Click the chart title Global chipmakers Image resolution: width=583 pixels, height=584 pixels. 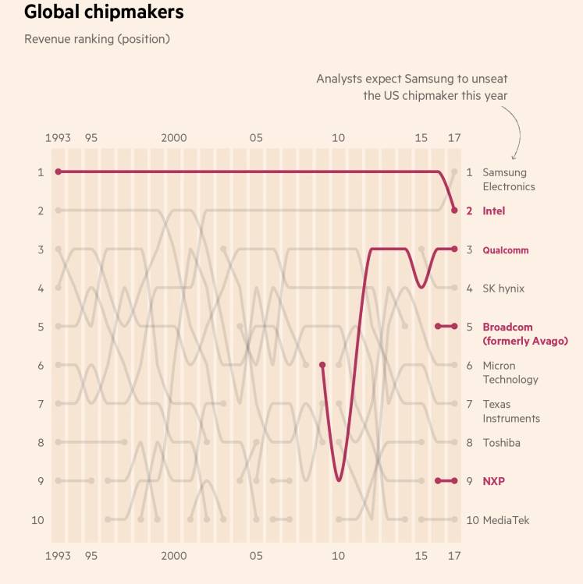pos(104,12)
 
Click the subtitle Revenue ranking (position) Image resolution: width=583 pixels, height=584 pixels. pos(97,39)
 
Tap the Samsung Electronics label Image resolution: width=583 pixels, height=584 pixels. pos(508,179)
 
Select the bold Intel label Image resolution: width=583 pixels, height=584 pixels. pos(493,211)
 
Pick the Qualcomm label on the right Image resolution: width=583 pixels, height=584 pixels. pos(505,250)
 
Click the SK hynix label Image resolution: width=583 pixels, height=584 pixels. pos(503,288)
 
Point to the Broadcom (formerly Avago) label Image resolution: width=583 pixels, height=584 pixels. pos(524,334)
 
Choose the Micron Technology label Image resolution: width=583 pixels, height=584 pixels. pos(510,373)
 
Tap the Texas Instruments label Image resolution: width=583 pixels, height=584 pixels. pos(510,411)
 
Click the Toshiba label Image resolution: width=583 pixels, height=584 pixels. pos(501,443)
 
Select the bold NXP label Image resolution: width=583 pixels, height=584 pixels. pos(493,481)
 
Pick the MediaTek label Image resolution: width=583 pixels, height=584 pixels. pos(506,520)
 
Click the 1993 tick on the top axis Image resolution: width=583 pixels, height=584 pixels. pos(58,138)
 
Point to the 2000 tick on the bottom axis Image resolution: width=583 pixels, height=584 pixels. pos(174,556)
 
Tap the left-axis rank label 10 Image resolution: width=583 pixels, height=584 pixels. pos(37,520)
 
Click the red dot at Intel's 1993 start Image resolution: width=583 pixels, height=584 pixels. pos(58,172)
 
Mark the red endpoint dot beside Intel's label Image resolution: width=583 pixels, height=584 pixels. pos(454,210)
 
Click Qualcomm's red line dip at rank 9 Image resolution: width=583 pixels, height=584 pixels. pos(339,479)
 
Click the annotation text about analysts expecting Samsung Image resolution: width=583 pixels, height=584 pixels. pos(412,87)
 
